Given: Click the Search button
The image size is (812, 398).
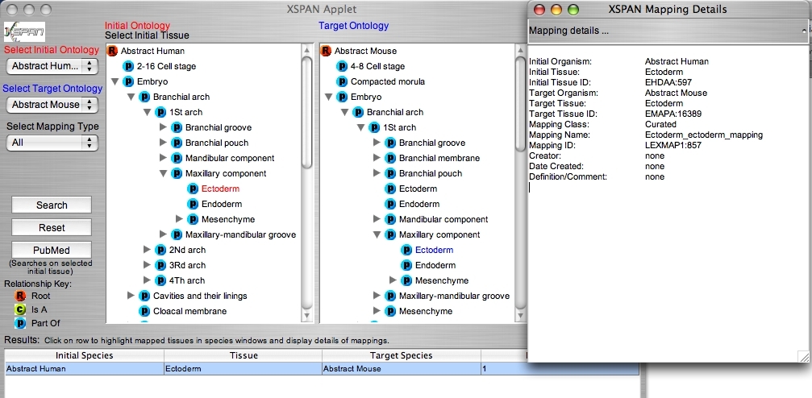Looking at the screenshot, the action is point(52,205).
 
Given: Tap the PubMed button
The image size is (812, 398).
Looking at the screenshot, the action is point(52,250).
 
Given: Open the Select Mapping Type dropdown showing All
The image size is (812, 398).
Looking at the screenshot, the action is point(52,143).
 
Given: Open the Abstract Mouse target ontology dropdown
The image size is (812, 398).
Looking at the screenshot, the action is point(52,105).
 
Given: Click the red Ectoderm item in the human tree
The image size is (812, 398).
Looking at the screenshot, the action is point(220,189).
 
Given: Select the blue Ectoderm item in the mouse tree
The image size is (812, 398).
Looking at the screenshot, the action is point(434,250).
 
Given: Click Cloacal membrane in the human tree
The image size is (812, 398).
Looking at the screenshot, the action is point(189,311).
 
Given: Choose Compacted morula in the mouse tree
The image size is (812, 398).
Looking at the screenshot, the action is point(387,81).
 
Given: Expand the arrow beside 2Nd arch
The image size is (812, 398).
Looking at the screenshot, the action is point(147,250).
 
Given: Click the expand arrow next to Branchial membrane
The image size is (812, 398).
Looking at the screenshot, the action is point(377,159).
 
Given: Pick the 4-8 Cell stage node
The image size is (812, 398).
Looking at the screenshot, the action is point(377,66).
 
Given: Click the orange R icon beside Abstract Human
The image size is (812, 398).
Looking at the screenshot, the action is point(112,51).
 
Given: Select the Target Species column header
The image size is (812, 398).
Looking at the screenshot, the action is point(401,355).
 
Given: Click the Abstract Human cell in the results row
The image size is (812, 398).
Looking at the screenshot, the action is point(85,369).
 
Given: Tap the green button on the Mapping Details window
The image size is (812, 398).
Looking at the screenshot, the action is point(573,10).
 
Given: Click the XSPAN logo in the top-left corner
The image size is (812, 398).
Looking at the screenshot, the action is point(24,32).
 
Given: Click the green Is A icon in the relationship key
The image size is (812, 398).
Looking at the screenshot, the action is point(19,309).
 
